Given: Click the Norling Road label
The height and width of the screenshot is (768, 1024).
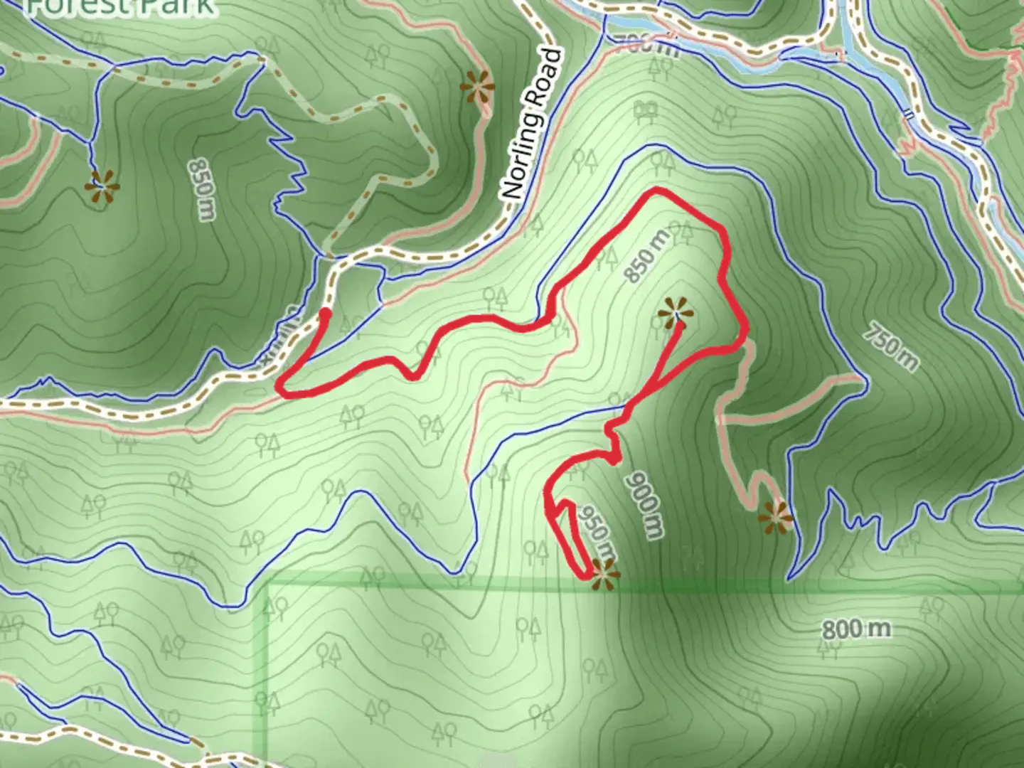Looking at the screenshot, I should (x=532, y=124).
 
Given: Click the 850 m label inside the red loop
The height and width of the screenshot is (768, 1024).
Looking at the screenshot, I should (x=648, y=256).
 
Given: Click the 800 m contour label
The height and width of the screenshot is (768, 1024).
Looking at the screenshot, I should (x=856, y=629).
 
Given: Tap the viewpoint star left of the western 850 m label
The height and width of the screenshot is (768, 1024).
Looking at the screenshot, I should (x=102, y=187).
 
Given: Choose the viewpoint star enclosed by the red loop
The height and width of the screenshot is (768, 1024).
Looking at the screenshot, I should (x=674, y=314).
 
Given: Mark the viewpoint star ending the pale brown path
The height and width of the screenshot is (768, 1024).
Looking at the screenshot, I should (x=775, y=518).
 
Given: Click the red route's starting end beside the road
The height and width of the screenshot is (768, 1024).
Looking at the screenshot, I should (x=325, y=312).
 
